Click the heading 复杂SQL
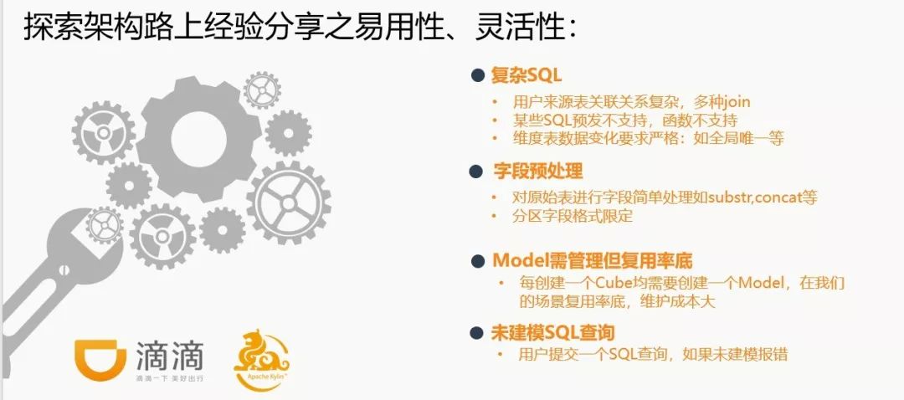[525, 74]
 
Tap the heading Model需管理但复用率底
[592, 260]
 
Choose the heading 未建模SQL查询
[552, 332]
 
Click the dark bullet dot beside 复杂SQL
[477, 75]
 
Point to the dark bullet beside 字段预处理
[475, 172]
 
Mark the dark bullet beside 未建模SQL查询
[476, 332]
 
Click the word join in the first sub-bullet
[737, 103]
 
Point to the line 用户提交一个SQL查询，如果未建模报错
[653, 354]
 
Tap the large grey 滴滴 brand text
[169, 356]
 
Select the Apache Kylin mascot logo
[261, 358]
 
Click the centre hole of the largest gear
[199, 140]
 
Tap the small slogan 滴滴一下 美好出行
[169, 378]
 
